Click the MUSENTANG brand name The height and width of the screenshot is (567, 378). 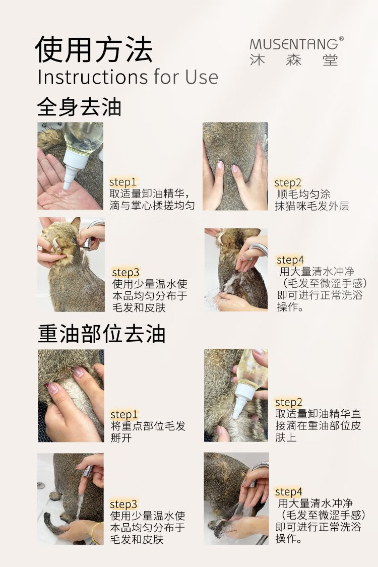294,44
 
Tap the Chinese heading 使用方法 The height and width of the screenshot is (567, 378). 94,49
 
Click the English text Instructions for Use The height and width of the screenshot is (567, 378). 128,77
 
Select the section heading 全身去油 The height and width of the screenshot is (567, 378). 79,107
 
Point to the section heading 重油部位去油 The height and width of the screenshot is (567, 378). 102,334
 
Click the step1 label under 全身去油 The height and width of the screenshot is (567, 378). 122,182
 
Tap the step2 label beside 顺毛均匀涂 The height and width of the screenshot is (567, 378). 288,182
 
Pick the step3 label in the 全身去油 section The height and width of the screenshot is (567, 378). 125,272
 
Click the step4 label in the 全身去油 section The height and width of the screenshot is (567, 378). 290,260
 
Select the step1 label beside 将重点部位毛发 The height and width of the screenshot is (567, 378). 124,414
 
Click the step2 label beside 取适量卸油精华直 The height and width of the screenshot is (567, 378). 289,402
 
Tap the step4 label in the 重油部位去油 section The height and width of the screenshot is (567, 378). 289,491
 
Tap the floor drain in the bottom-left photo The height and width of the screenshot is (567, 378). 41,484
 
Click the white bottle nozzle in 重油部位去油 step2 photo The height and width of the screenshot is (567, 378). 240,401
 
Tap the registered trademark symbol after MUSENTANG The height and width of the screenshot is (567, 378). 341,39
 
